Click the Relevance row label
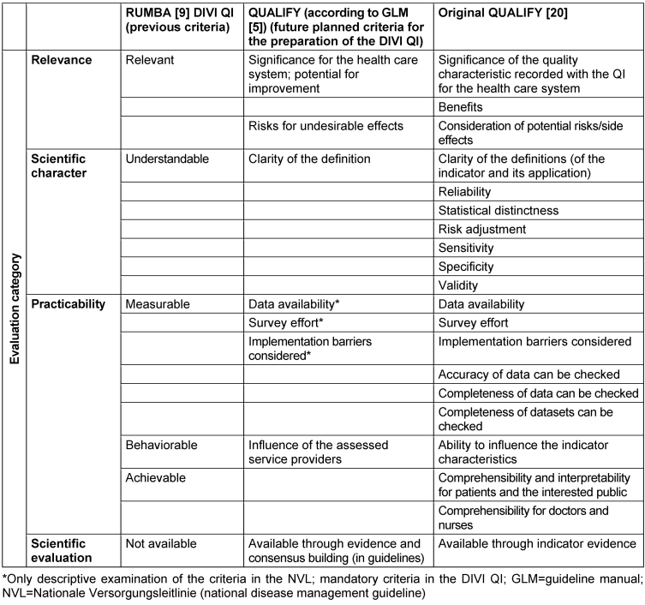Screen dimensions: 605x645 [62, 60]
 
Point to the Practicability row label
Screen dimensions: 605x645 [70, 303]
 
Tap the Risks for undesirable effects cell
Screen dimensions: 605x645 [325, 126]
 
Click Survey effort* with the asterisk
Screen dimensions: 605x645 [287, 323]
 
